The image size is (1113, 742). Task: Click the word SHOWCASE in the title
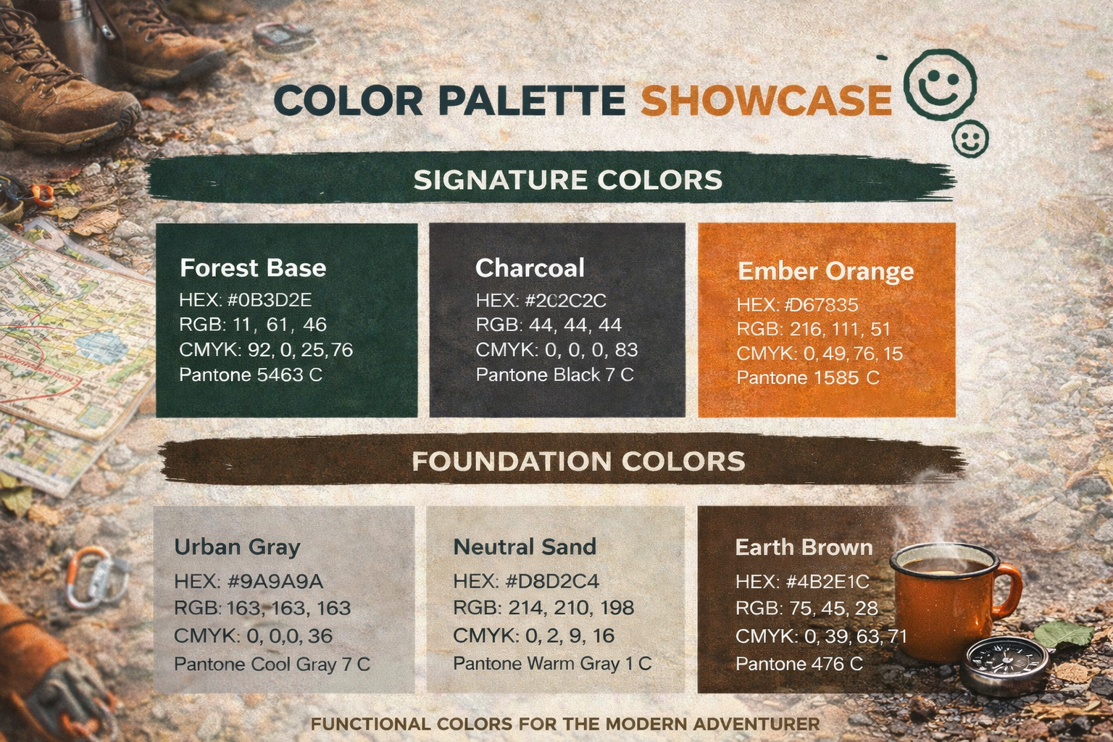tap(765, 100)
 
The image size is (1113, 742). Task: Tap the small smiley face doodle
tap(970, 138)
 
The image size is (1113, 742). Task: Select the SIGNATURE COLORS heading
tap(567, 180)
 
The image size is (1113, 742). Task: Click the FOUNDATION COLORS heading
tap(578, 462)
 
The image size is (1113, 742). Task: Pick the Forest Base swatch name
tap(253, 268)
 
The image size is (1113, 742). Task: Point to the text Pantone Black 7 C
tap(554, 375)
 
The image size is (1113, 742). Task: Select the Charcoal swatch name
tap(530, 268)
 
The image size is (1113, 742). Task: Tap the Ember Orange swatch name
tap(825, 271)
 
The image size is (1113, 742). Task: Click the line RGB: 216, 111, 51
tap(813, 329)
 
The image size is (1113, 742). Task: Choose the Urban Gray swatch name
tap(237, 546)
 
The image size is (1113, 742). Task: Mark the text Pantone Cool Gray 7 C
tap(272, 664)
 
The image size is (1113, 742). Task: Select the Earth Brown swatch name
tap(804, 547)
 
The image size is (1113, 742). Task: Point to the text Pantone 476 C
tap(799, 664)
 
